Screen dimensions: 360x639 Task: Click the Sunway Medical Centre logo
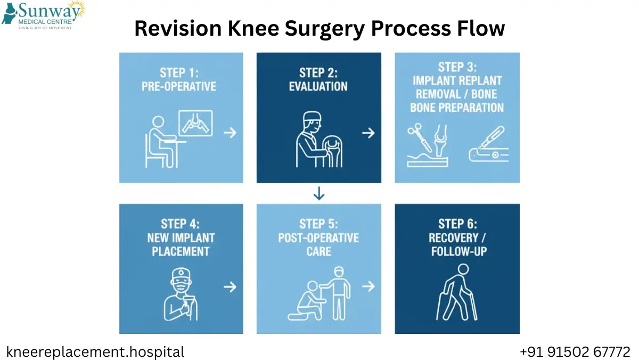tap(43, 15)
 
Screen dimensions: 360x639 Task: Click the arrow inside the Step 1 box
tap(230, 133)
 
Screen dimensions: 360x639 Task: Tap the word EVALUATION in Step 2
tap(318, 86)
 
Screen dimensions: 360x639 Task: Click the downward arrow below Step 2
tap(319, 194)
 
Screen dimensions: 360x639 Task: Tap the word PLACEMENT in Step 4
tap(181, 251)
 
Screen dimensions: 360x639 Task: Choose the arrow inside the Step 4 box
tap(230, 287)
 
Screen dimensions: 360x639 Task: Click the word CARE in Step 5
tap(319, 251)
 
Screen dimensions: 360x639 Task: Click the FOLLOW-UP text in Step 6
tap(458, 251)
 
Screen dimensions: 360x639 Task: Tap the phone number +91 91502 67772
tap(575, 352)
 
